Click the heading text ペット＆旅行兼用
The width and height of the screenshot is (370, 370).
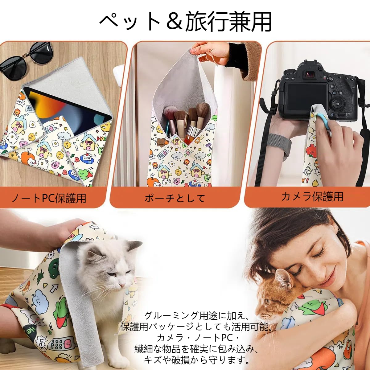(x=185, y=22)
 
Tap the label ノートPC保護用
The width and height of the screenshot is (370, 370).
(x=49, y=198)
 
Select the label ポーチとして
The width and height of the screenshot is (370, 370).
(x=175, y=198)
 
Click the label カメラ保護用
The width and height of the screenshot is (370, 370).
(x=312, y=196)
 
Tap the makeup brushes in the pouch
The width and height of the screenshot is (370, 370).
(x=185, y=123)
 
